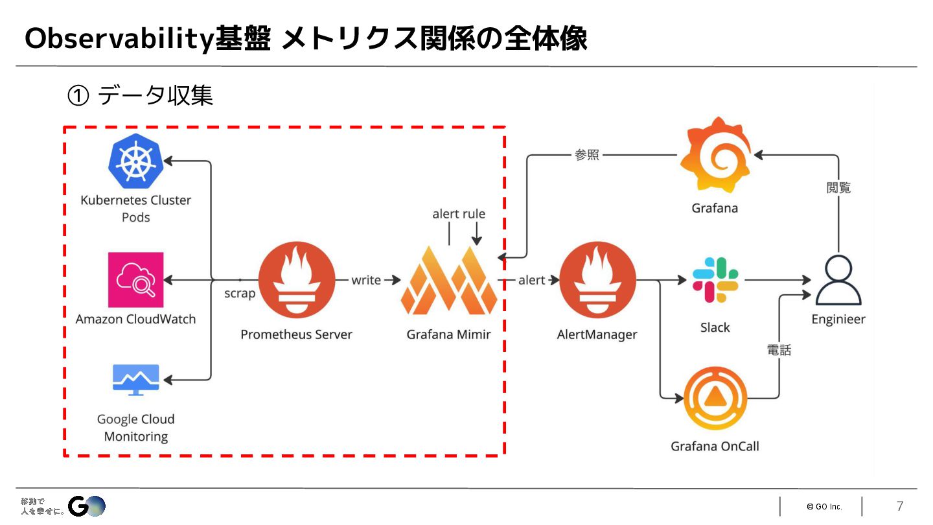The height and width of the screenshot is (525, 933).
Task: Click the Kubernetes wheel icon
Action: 136,160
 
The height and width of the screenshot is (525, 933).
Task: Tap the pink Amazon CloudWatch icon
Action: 136,279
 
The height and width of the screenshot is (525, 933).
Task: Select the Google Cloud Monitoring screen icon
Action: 136,380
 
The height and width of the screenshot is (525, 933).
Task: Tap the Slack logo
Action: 715,279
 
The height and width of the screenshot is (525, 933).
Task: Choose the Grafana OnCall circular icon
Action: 715,398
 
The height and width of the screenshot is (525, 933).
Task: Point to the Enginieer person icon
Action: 838,281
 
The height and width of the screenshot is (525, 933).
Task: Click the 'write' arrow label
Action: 366,280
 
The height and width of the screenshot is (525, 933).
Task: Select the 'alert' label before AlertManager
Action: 531,280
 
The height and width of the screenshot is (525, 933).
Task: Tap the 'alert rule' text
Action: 459,214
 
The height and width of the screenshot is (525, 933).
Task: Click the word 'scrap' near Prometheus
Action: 240,294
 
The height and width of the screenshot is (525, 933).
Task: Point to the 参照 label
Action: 587,155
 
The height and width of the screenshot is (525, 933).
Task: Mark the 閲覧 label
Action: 838,188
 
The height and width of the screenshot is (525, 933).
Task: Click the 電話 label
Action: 779,350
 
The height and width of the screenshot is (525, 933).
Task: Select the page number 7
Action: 899,506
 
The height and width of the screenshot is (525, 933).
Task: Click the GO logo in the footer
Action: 87,506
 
